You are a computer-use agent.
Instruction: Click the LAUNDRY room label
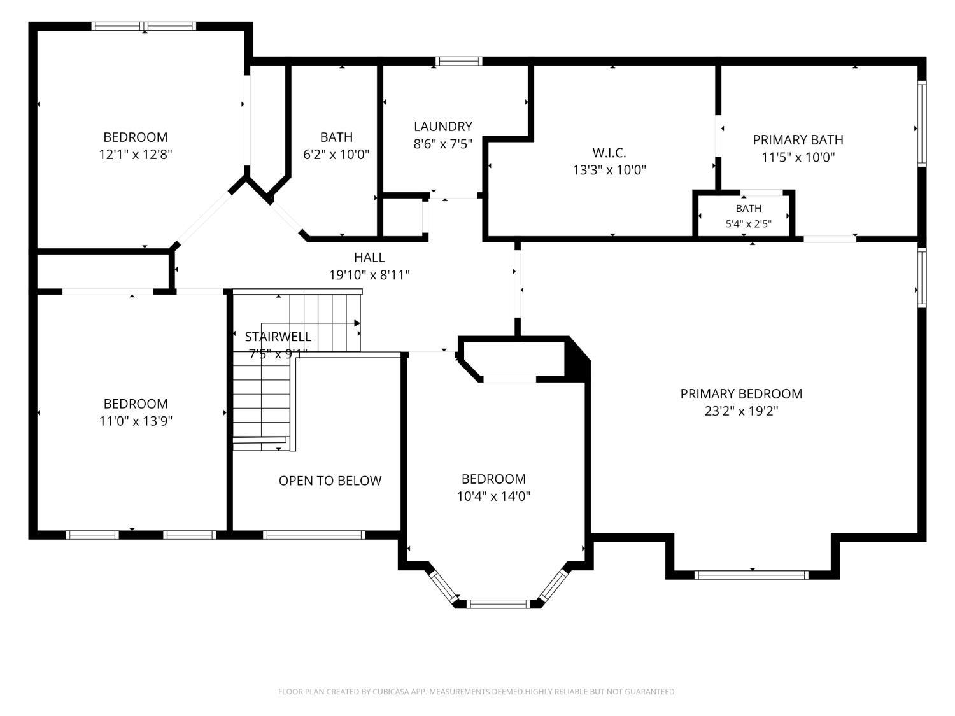click(x=443, y=127)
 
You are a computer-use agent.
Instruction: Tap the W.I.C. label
click(x=609, y=153)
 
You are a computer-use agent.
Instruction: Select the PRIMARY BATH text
click(x=798, y=139)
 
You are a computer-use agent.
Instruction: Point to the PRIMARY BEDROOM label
click(x=741, y=393)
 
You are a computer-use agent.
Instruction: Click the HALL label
click(x=369, y=257)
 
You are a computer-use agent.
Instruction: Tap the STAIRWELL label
click(x=278, y=337)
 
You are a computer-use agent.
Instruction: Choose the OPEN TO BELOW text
click(x=330, y=481)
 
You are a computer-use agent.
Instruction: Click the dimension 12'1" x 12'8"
click(x=136, y=154)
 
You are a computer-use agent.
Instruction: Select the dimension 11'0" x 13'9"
click(x=136, y=421)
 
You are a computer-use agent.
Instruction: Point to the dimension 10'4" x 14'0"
click(x=493, y=496)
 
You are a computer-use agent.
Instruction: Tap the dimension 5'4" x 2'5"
click(x=748, y=223)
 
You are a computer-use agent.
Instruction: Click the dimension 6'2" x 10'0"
click(x=336, y=154)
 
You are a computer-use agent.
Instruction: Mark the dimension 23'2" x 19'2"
click(x=741, y=411)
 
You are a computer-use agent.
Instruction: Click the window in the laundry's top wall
click(x=458, y=61)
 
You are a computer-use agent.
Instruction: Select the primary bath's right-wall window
click(x=921, y=123)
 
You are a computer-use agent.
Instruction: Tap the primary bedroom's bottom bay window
click(x=751, y=575)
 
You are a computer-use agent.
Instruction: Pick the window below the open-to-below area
click(x=314, y=535)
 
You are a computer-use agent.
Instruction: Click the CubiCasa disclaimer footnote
click(x=478, y=691)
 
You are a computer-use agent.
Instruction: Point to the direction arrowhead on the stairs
click(x=357, y=323)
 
